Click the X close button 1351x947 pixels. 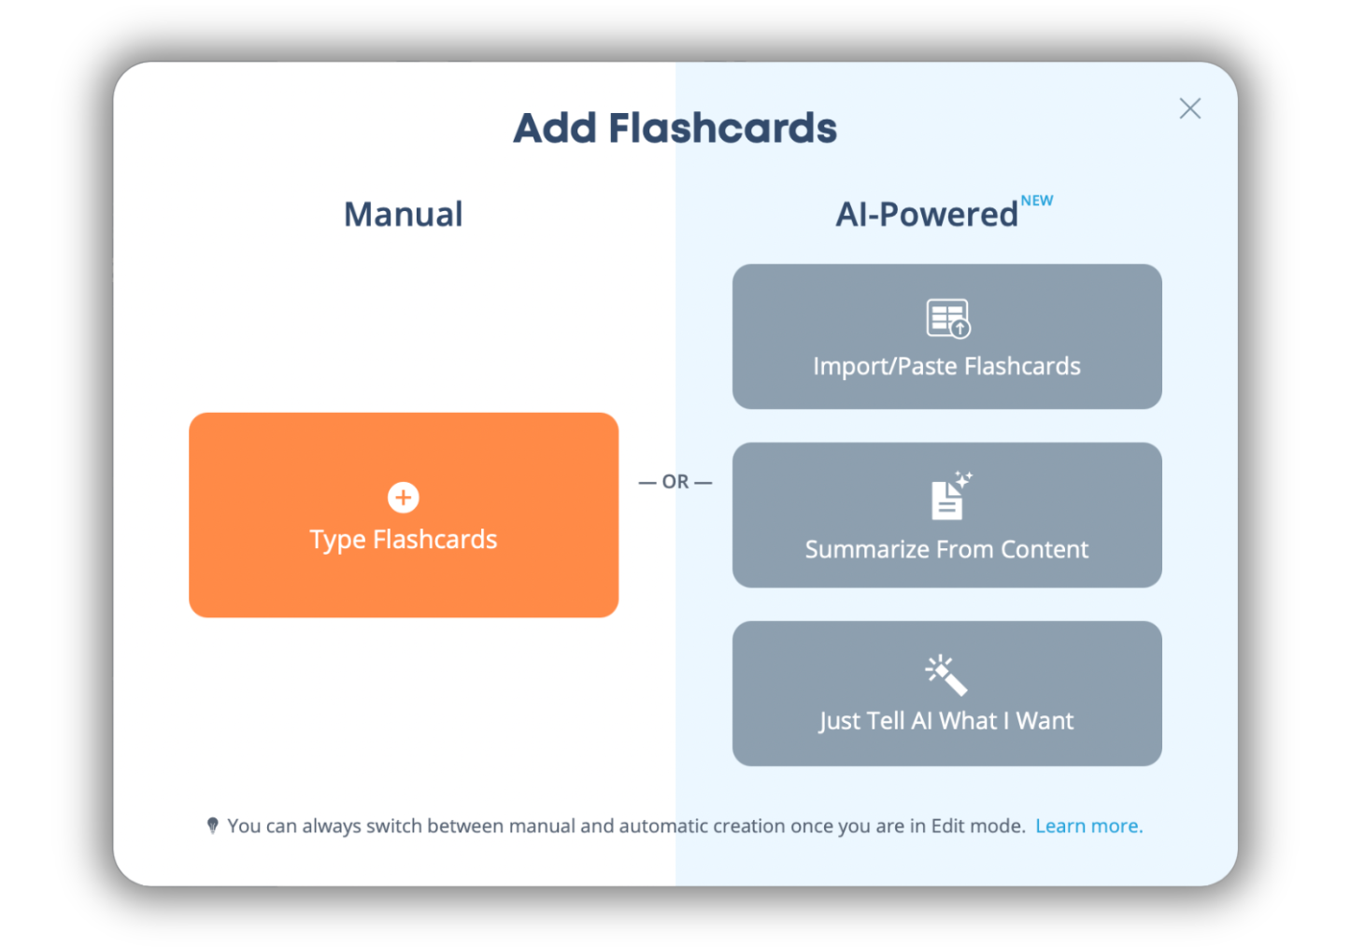click(1189, 108)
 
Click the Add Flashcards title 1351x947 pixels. click(675, 128)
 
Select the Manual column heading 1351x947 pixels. click(403, 214)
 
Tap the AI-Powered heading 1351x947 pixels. click(926, 215)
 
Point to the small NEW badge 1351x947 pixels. click(1036, 201)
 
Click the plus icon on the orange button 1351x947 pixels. click(404, 498)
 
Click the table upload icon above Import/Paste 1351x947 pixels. click(947, 318)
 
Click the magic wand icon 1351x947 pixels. click(946, 675)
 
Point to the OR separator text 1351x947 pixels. click(675, 482)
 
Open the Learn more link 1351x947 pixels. click(1088, 827)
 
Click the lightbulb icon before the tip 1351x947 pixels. click(213, 826)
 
